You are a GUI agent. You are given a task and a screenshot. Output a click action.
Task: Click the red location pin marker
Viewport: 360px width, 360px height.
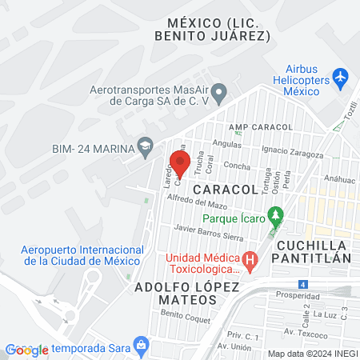pyautogui.click(x=180, y=163)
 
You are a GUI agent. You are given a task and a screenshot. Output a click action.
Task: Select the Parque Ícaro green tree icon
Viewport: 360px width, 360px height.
pyautogui.click(x=275, y=215)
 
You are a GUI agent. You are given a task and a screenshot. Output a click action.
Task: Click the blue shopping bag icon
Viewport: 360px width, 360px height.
pyautogui.click(x=141, y=346)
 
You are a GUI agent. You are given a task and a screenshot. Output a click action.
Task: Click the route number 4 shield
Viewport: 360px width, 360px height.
pyautogui.click(x=302, y=284)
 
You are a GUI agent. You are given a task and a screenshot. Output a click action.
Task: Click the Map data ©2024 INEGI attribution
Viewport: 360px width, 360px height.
pyautogui.click(x=312, y=354)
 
